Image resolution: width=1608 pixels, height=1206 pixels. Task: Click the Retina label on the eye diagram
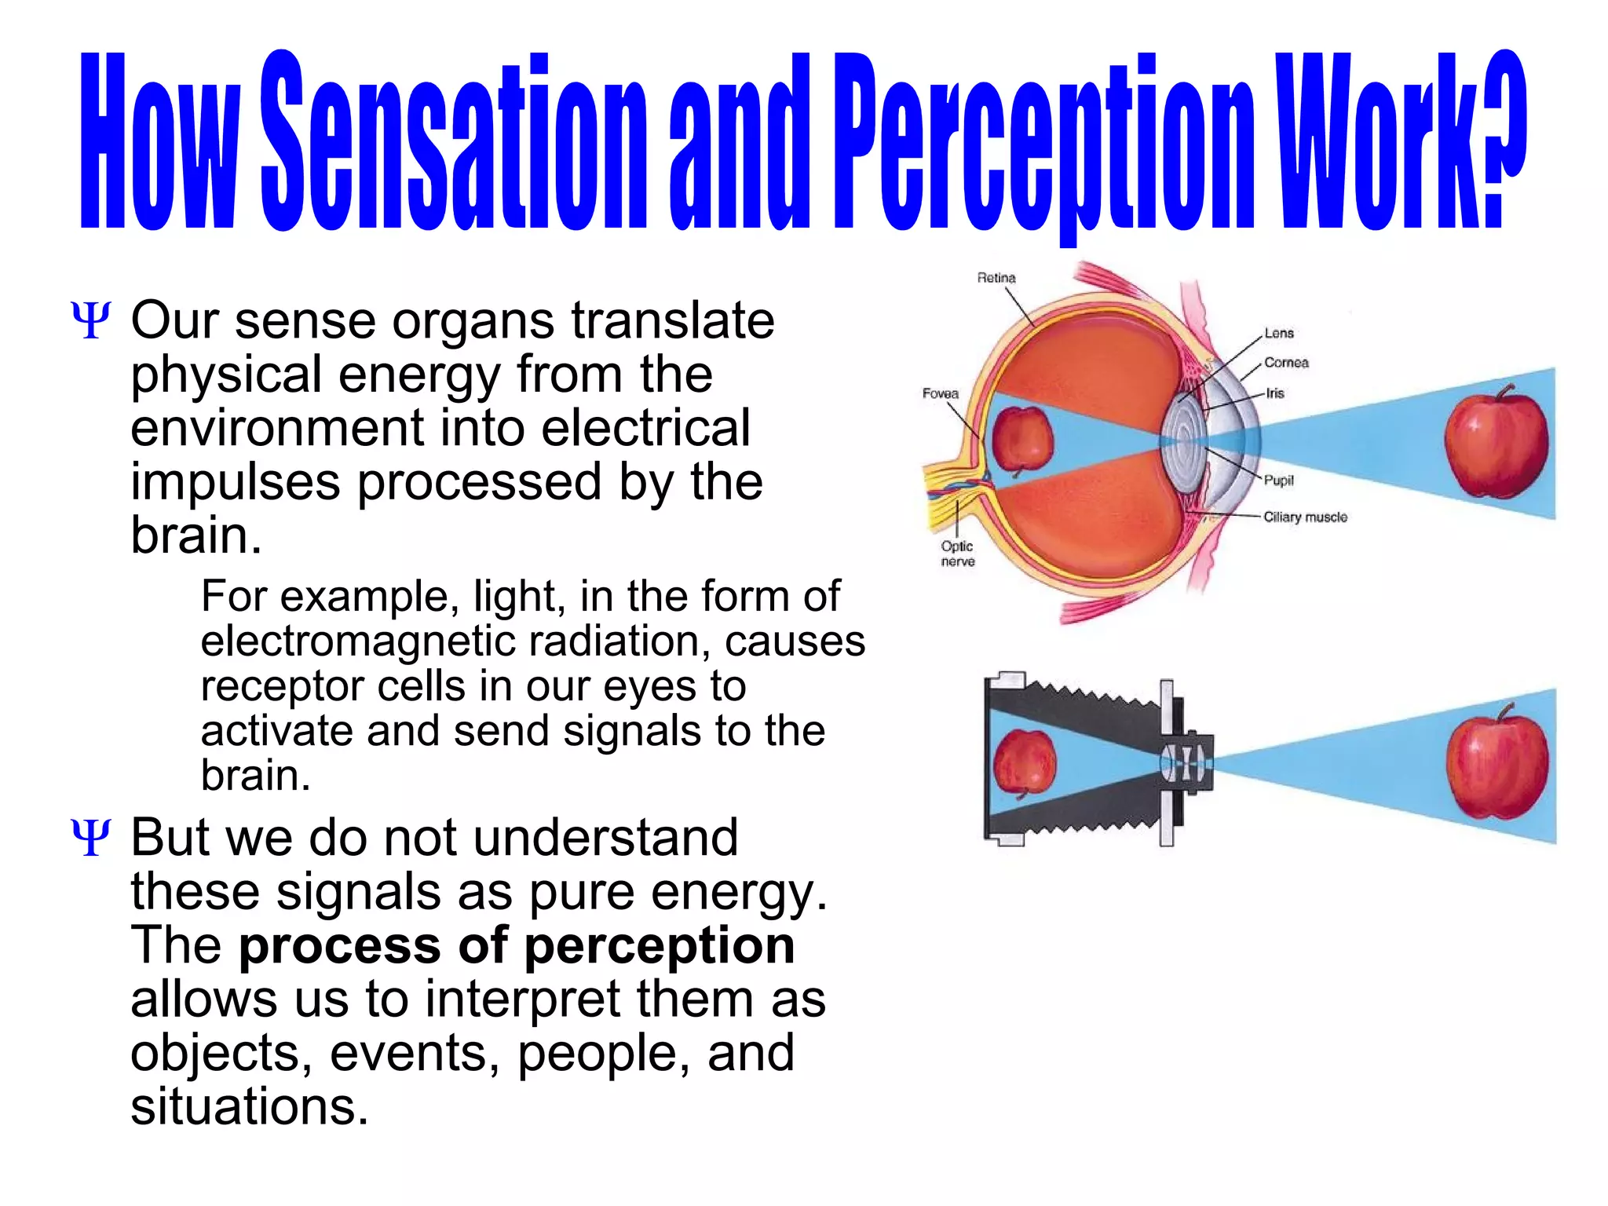996,278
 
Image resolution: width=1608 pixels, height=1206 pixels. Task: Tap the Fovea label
940,393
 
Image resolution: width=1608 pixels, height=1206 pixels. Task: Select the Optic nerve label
957,554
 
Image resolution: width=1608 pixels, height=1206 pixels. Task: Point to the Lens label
1278,333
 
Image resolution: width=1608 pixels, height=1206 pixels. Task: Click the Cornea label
1286,363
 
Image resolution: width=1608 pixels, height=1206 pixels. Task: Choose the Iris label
1274,393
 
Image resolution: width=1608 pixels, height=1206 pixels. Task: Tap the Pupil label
1278,480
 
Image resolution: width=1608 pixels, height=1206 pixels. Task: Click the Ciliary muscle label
1305,517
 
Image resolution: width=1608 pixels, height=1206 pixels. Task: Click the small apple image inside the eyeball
1021,440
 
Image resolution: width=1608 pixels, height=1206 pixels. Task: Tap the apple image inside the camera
1024,762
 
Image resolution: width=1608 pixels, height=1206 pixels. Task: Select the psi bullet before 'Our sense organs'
90,320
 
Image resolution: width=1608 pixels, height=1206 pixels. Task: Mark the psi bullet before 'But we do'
90,837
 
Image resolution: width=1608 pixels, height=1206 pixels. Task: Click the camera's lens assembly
1187,762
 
